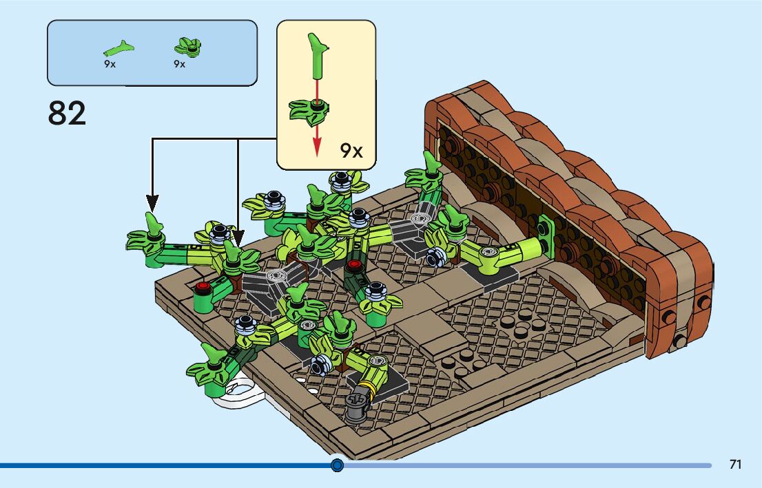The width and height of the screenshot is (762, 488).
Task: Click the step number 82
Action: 68,114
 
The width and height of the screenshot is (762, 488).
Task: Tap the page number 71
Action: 735,465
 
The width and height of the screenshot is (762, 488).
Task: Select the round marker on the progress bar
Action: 337,465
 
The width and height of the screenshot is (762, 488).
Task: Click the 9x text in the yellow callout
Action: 351,151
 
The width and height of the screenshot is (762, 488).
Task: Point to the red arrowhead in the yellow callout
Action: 317,147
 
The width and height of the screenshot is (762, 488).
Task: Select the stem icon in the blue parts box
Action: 119,48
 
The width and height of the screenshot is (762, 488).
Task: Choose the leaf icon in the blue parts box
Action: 187,47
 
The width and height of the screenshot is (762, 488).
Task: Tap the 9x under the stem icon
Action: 110,64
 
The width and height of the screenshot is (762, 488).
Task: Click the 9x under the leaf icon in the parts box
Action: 180,64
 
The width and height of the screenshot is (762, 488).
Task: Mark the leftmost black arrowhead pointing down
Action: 152,203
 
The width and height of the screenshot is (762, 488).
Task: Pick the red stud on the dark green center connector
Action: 355,265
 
